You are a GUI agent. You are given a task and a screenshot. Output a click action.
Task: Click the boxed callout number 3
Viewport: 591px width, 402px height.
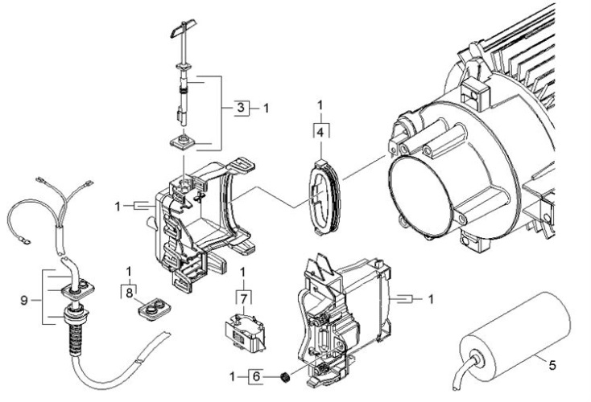[239, 106]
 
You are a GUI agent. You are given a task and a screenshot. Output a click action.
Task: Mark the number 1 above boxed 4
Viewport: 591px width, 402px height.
[321, 105]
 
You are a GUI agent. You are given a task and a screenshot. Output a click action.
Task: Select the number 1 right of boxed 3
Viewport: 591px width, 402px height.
[267, 106]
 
